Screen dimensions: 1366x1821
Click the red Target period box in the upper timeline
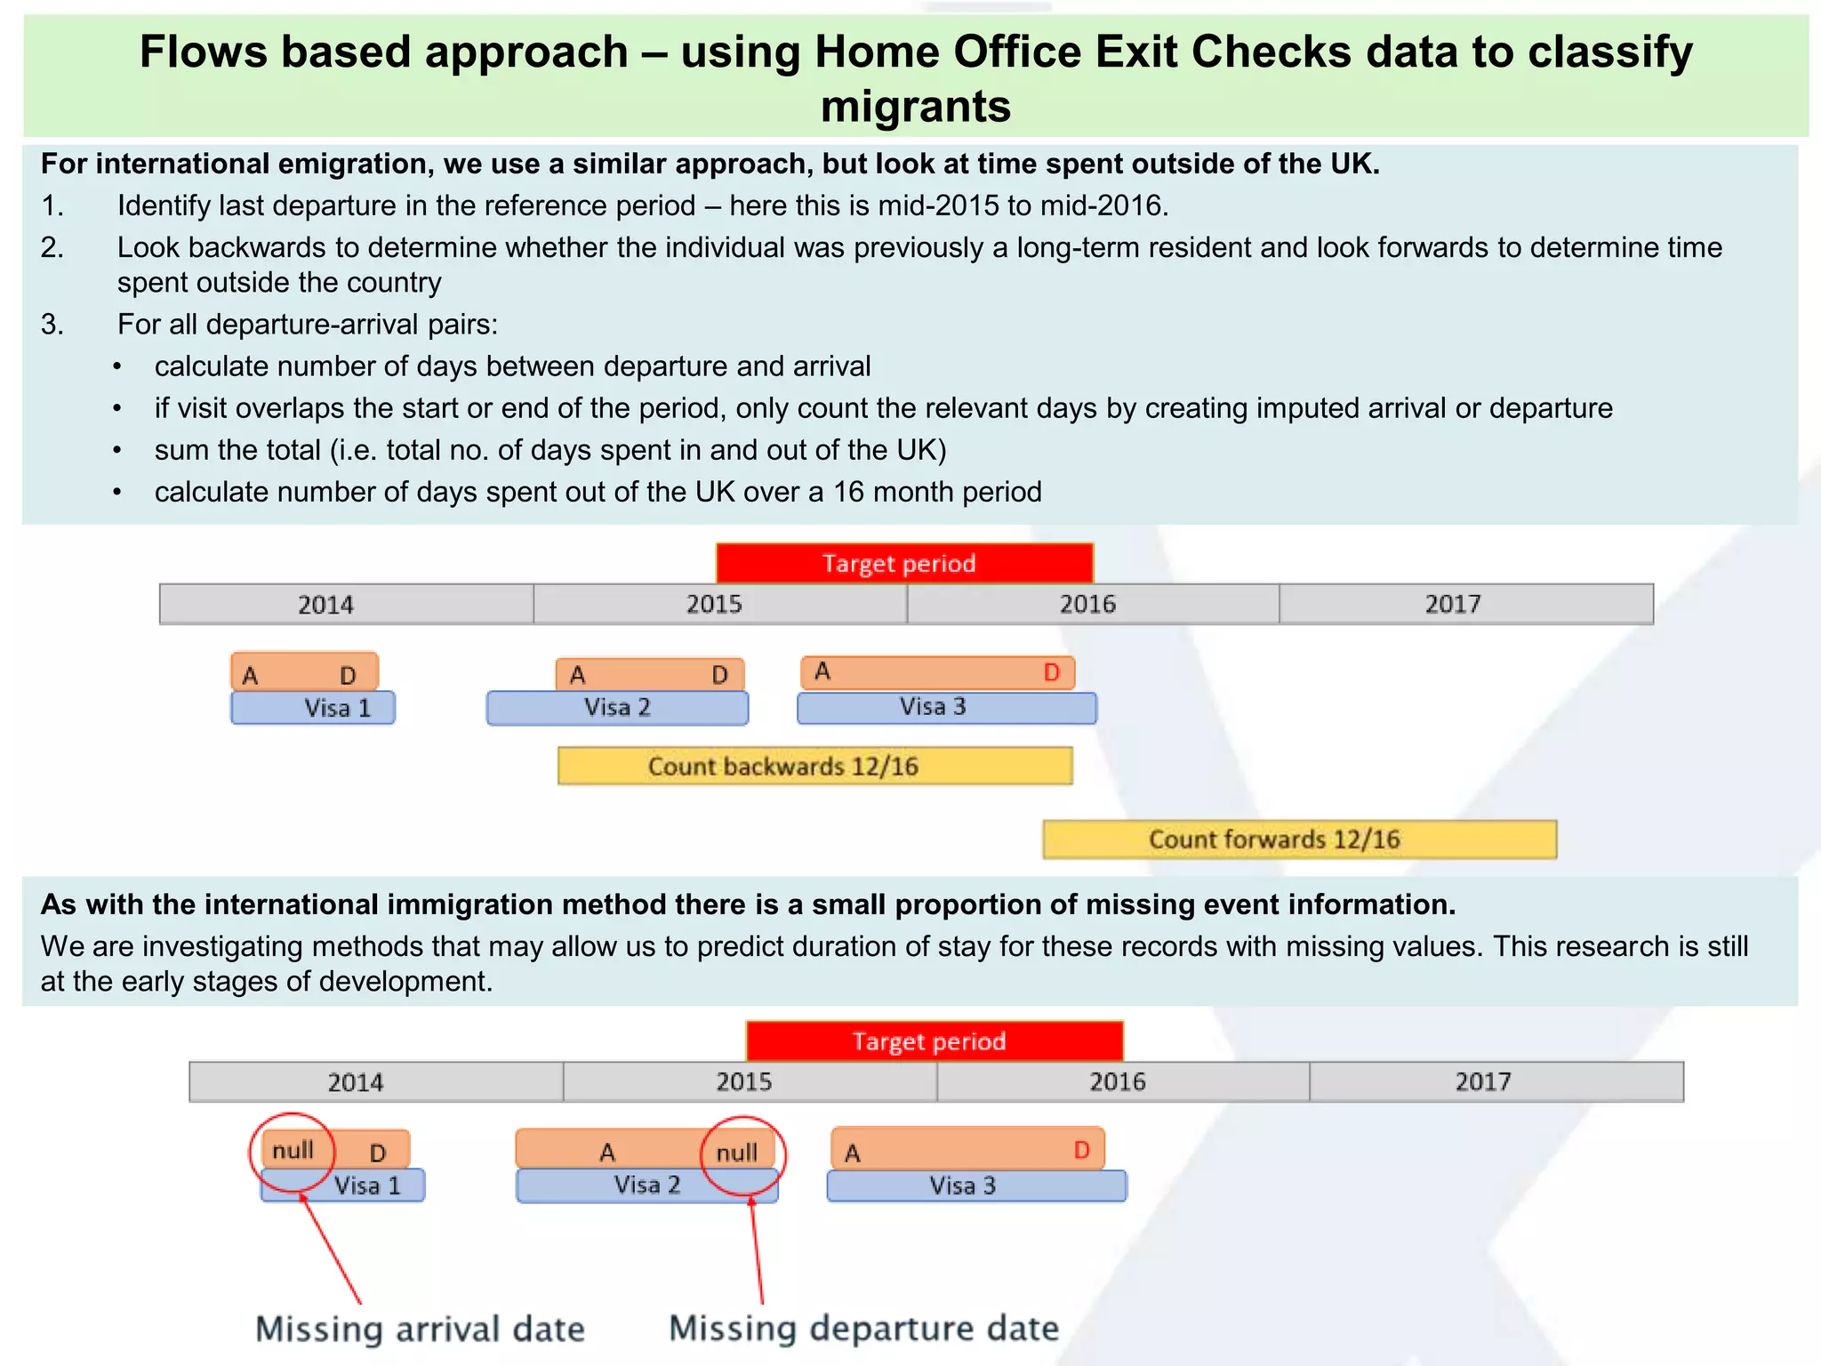point(903,563)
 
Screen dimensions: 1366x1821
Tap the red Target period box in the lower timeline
point(934,1041)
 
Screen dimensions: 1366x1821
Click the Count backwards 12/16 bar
point(814,766)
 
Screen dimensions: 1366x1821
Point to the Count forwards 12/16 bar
point(1299,839)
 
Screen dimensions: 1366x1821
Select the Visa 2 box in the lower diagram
point(646,1185)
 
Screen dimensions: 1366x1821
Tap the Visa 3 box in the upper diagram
point(946,707)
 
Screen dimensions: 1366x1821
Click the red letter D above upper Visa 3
point(1051,672)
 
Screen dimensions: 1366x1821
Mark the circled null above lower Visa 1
point(293,1151)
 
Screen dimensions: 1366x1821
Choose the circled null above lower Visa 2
point(737,1153)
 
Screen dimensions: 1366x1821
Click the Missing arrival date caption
point(420,1329)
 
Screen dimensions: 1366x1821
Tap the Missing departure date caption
point(863,1328)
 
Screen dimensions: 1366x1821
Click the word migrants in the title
point(915,106)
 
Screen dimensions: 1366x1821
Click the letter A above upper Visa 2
point(577,675)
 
